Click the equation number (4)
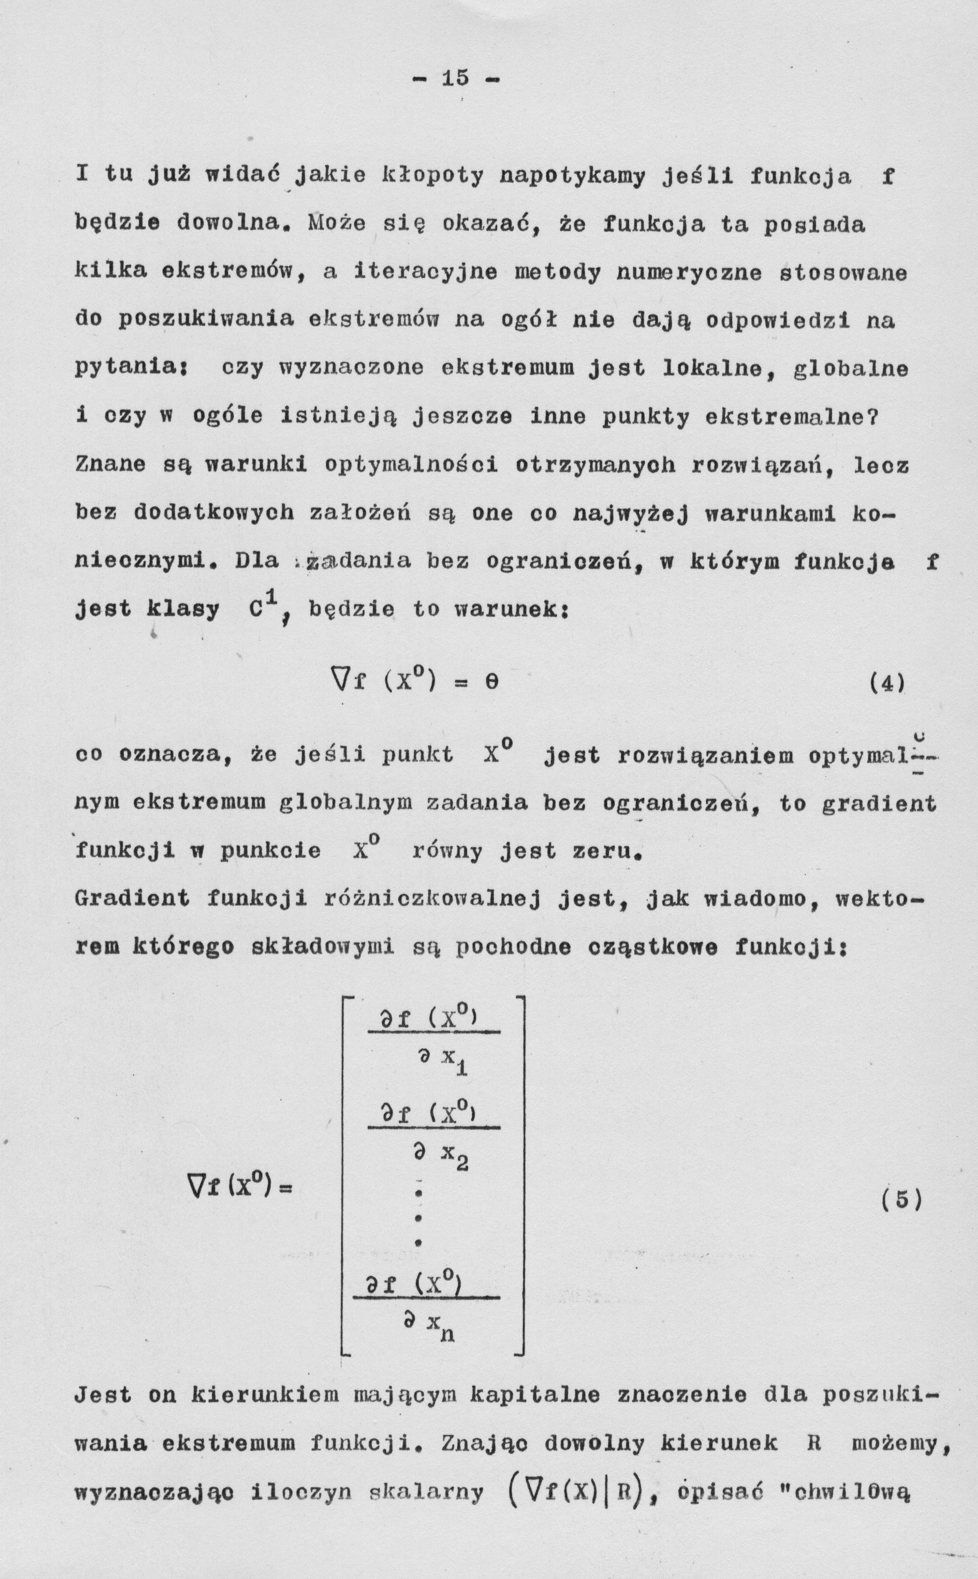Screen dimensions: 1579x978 coord(886,683)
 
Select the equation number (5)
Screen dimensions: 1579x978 coord(901,1200)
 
